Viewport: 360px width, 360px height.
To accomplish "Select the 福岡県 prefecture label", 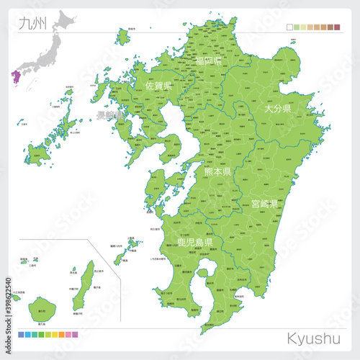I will pos(208,63).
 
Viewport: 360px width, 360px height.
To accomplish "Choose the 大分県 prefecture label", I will pos(276,109).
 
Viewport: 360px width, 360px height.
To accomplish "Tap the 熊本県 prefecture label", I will pos(217,172).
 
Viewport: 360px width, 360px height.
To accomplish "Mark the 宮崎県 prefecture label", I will pos(264,204).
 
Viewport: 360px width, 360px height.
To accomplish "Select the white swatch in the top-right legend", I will pos(289,27).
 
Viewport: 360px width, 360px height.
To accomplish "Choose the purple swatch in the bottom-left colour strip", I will pos(75,335).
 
